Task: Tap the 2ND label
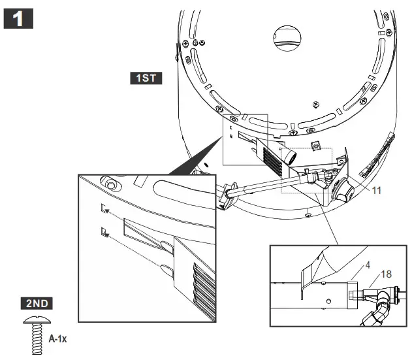click(38, 303)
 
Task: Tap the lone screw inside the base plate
click(316, 103)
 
